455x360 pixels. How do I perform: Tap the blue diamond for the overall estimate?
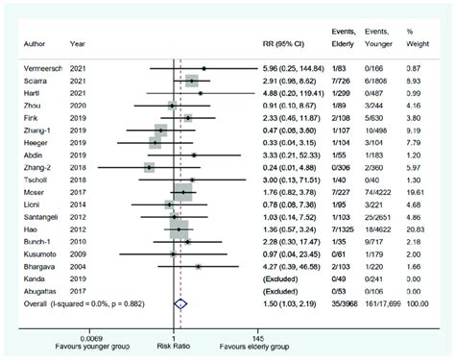click(x=178, y=301)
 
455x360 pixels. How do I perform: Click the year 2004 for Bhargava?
click(x=81, y=266)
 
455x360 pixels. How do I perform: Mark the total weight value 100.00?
click(x=419, y=301)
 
